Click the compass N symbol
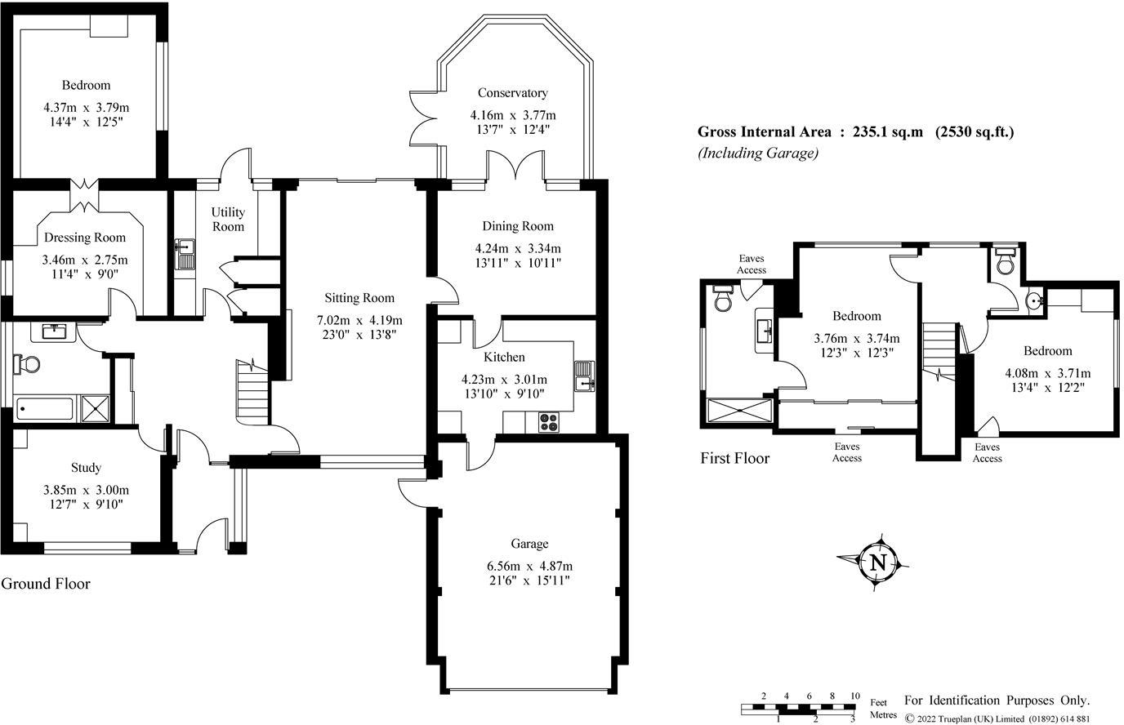tap(877, 563)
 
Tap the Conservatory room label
tap(512, 93)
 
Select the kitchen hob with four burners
tap(549, 421)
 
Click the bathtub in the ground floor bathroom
tap(45, 408)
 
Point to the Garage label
tap(529, 544)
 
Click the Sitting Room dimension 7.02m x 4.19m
tap(359, 320)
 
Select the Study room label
tap(86, 468)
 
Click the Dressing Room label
tap(85, 238)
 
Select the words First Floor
tap(734, 458)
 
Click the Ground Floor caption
tap(46, 584)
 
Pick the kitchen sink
tap(584, 376)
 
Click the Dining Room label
tap(518, 226)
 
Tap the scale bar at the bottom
tap(798, 709)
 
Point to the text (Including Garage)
tap(758, 153)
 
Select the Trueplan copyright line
tap(997, 718)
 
